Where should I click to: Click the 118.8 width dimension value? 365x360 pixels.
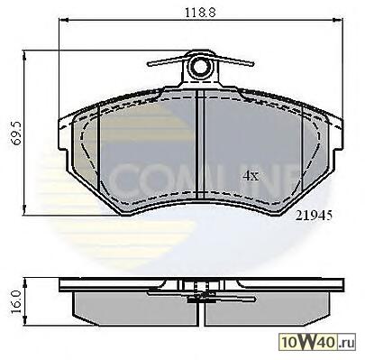pyautogui.click(x=200, y=13)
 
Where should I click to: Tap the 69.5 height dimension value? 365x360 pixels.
pyautogui.click(x=16, y=134)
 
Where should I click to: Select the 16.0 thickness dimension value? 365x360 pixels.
pyautogui.click(x=16, y=301)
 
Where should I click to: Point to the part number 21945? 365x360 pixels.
pyautogui.click(x=314, y=216)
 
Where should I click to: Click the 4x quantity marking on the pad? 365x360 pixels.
pyautogui.click(x=251, y=176)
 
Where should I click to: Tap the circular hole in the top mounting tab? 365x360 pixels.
pyautogui.click(x=199, y=68)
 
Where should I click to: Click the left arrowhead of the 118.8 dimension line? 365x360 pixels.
pyautogui.click(x=64, y=20)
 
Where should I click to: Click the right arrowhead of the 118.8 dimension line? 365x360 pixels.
pyautogui.click(x=338, y=20)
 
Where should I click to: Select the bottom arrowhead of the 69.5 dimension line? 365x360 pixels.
pyautogui.click(x=25, y=210)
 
